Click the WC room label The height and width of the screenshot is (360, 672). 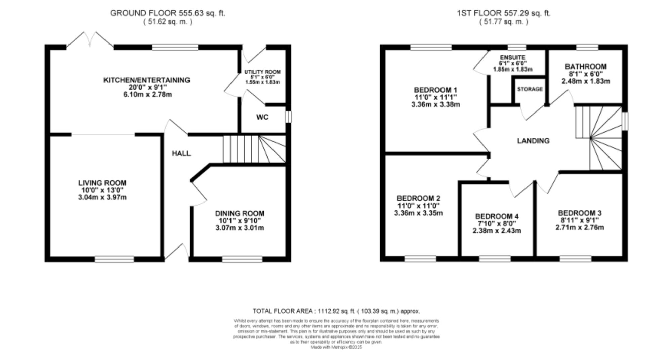coord(262,117)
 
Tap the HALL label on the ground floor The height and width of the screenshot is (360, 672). coord(181,153)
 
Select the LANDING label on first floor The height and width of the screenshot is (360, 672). coord(533,141)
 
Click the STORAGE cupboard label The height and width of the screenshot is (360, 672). coord(530,89)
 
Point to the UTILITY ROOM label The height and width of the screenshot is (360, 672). coord(262,72)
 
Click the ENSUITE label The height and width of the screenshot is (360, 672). coord(512,58)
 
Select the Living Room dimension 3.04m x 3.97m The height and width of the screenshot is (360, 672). coord(102,197)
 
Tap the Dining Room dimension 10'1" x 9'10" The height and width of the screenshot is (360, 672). coord(240,221)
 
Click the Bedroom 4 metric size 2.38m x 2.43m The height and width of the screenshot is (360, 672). coord(497,231)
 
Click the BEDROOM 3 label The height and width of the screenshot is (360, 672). coord(580,213)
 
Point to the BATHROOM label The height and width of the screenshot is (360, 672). coord(586,66)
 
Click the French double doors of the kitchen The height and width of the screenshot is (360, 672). coord(90,40)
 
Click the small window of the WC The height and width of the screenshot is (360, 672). coord(288,117)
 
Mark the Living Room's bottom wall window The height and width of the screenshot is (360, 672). coord(114,259)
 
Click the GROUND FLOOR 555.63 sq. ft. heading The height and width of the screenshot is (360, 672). coord(167,13)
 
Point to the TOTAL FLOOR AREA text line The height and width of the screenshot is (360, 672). coord(336,311)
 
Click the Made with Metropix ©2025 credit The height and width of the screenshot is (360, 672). coord(336,347)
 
